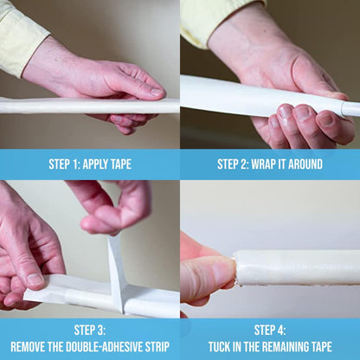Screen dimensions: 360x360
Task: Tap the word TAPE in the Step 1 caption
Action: coord(120,164)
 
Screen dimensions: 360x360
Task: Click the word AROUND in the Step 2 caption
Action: coord(305,164)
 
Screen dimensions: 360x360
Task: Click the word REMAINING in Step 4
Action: coord(286,346)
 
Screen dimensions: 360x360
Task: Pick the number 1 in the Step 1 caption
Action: coord(75,164)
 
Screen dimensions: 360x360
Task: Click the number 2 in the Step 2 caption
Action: coord(244,164)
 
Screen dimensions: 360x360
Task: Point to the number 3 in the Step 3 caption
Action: coord(100,330)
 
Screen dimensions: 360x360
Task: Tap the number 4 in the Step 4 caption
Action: coord(280,330)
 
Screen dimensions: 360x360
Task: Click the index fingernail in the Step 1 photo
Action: coord(157,92)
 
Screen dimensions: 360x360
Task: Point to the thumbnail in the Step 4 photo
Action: coord(222,271)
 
